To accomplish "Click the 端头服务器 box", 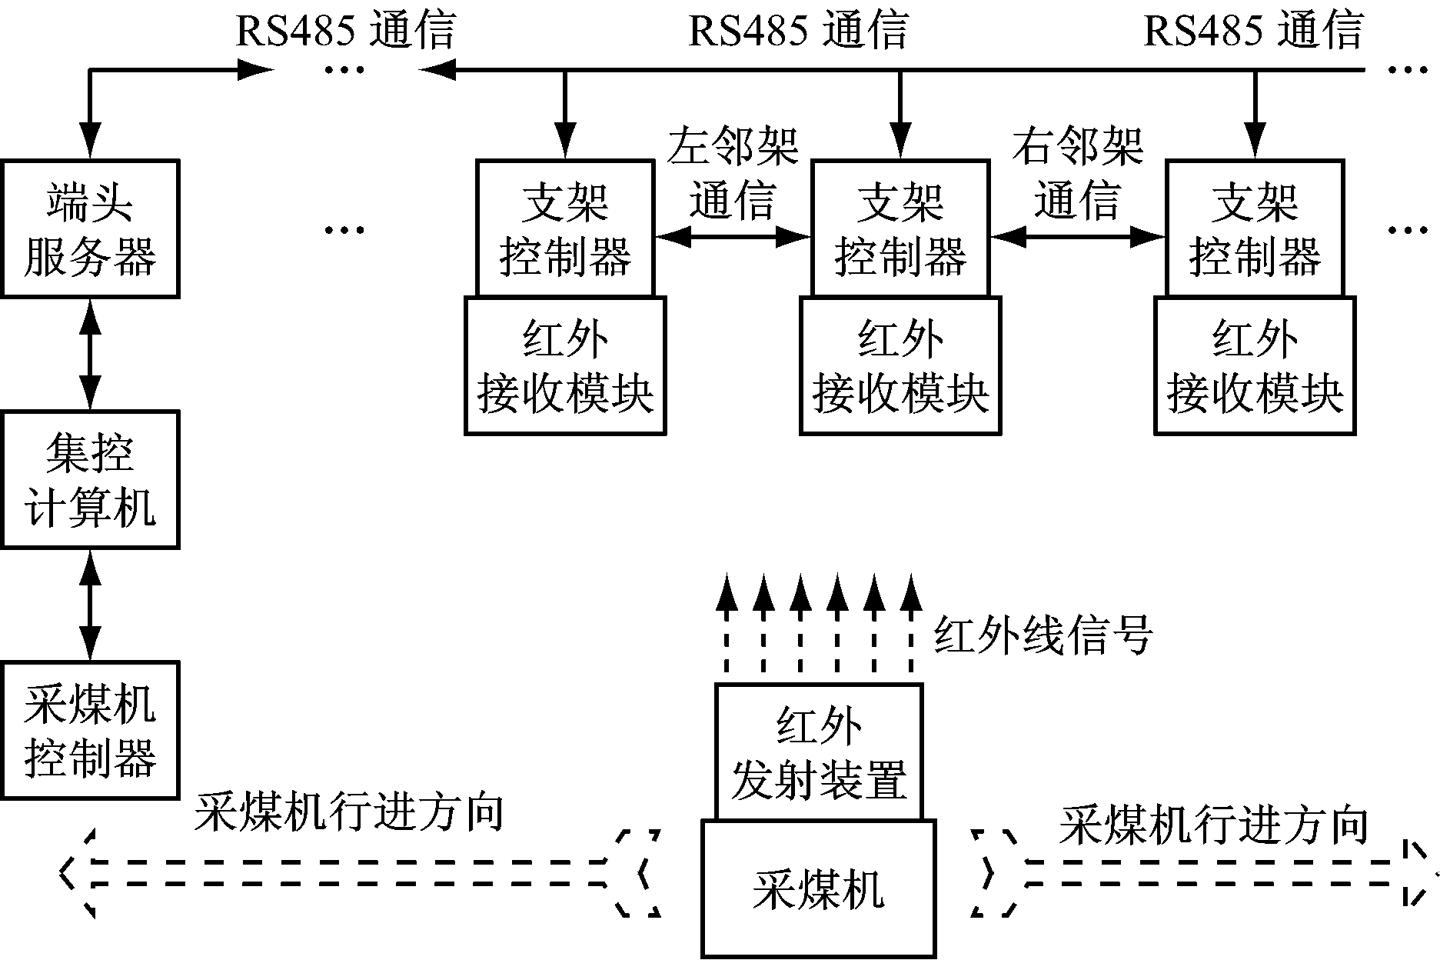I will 90,228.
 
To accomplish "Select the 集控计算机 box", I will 90,479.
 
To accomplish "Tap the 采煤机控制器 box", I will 90,730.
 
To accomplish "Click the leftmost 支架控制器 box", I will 565,228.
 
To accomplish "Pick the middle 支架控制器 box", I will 900,228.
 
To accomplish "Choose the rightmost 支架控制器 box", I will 1255,228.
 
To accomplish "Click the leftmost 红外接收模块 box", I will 565,366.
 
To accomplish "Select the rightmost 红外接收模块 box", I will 1255,366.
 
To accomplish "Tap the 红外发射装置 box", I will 819,752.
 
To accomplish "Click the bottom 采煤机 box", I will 819,888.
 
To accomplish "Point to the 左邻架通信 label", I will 733,173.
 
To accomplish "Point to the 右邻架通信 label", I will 1077,173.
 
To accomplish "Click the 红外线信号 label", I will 1043,636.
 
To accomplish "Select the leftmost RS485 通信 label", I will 345,31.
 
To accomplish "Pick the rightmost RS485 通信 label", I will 1253,31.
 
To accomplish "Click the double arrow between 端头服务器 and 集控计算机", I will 91,354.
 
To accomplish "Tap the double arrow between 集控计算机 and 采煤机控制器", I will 91,605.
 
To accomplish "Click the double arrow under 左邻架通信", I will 733,237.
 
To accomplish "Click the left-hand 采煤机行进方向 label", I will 348,812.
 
